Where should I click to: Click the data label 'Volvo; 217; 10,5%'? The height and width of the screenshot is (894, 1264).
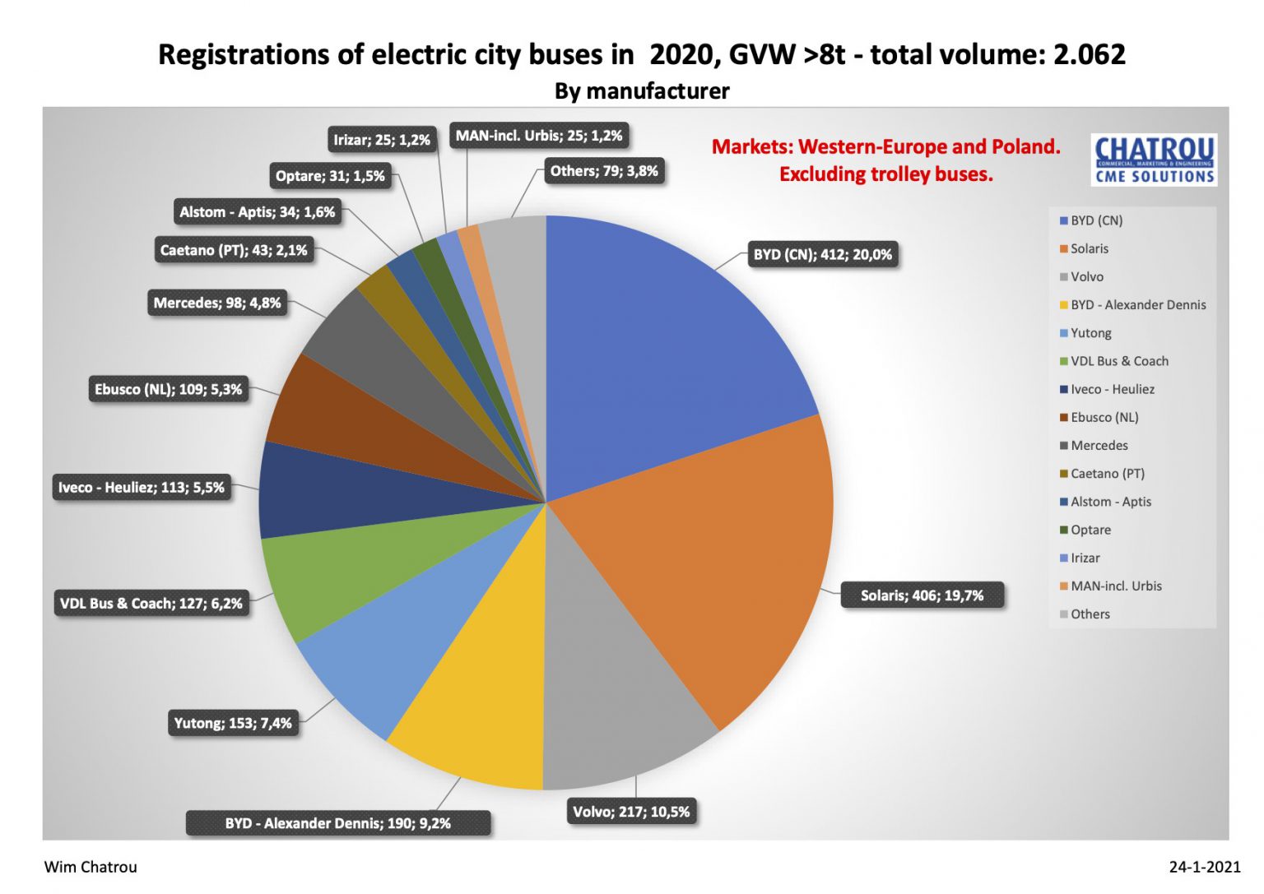631,812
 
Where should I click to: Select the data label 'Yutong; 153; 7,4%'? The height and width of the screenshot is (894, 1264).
233,723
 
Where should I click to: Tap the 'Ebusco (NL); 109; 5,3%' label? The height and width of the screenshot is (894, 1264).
169,389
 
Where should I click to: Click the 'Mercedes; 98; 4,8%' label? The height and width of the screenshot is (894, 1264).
217,303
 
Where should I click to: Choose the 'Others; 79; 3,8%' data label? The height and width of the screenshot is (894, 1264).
604,171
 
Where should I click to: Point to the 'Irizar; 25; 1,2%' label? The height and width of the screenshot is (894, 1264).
382,140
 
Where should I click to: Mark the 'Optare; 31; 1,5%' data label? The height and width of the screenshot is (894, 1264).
330,176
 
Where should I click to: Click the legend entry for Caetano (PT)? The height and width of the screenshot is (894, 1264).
1107,474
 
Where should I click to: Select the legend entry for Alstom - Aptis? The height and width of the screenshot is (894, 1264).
1110,502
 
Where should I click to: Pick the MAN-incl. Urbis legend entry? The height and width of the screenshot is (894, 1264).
1115,586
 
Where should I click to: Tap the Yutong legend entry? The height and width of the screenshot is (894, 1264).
1090,333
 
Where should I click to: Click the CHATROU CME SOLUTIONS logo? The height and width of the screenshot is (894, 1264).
1155,160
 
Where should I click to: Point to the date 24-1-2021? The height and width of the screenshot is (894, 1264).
1204,867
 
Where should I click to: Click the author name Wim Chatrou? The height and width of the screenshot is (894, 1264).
91,867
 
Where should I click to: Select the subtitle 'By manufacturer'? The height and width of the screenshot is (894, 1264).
642,90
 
